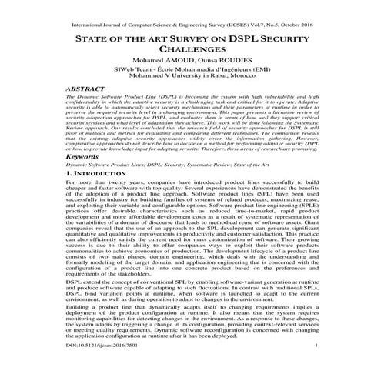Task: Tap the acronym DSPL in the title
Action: [x=234, y=38]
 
